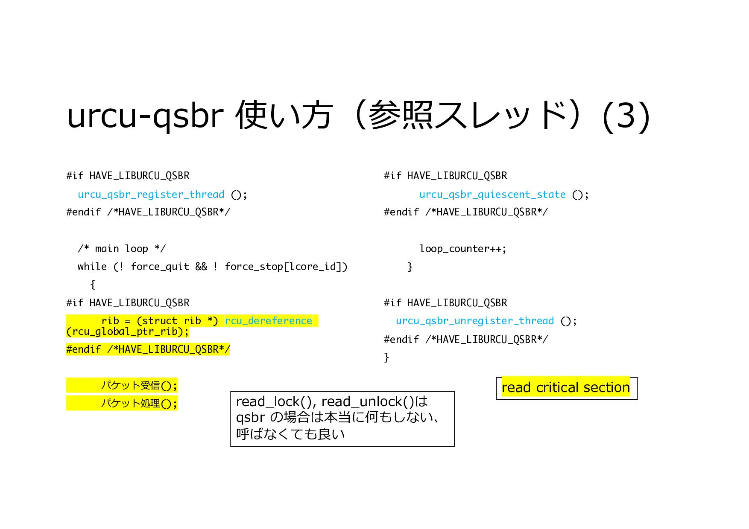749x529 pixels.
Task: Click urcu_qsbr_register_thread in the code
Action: click(151, 195)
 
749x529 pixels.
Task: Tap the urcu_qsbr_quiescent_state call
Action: click(492, 195)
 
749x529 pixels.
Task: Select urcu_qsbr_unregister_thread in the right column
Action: click(474, 321)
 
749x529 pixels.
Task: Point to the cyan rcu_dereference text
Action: click(269, 321)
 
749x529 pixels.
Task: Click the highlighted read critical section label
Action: click(565, 387)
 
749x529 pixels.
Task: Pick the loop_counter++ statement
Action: click(462, 249)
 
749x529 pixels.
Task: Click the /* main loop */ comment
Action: click(122, 249)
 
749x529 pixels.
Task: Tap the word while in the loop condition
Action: click(92, 267)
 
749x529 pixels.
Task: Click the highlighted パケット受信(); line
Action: click(138, 386)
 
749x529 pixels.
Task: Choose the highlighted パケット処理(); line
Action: click(138, 403)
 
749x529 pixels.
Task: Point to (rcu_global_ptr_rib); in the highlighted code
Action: click(127, 332)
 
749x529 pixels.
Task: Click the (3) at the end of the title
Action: click(626, 116)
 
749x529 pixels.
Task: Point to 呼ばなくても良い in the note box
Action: click(290, 434)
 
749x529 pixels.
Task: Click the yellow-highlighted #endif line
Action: click(148, 349)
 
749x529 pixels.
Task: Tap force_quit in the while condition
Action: click(160, 267)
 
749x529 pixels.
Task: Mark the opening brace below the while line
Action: click(93, 285)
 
